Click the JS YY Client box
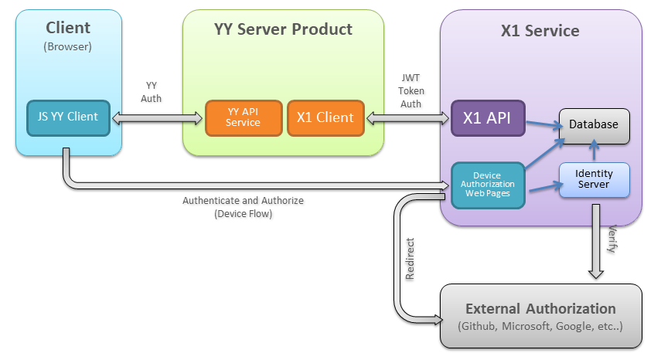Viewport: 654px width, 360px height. click(x=68, y=117)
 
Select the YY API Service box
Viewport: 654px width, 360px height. click(x=244, y=117)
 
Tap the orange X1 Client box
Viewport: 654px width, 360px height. click(x=325, y=117)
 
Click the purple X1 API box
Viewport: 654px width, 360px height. click(x=488, y=118)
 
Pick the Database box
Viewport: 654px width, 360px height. click(x=594, y=124)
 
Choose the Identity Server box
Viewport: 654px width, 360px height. click(x=594, y=179)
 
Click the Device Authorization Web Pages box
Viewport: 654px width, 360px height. click(x=488, y=185)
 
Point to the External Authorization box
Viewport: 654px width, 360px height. click(x=540, y=316)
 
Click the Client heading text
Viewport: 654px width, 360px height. click(x=68, y=28)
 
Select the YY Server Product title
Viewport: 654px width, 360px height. click(x=283, y=29)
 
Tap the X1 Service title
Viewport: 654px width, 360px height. click(x=540, y=31)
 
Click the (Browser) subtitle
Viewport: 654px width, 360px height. click(x=68, y=46)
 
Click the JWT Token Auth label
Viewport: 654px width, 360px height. click(x=410, y=90)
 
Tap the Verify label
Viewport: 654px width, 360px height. click(x=612, y=239)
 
